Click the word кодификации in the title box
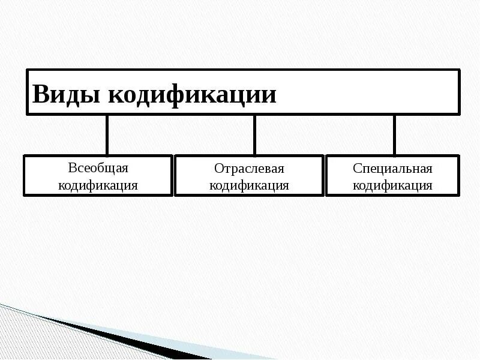click(x=191, y=95)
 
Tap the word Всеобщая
click(x=98, y=168)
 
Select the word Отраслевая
click(x=249, y=169)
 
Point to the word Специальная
click(x=392, y=169)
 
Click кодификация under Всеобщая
click(x=98, y=185)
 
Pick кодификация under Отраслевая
click(x=249, y=185)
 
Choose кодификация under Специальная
click(x=392, y=185)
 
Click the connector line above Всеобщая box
click(x=107, y=135)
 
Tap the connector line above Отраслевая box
click(x=254, y=135)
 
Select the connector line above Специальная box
click(x=394, y=135)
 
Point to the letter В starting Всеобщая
click(x=72, y=168)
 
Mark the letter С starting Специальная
click(x=356, y=169)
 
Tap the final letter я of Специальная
click(x=429, y=169)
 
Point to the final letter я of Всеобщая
click(x=125, y=169)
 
